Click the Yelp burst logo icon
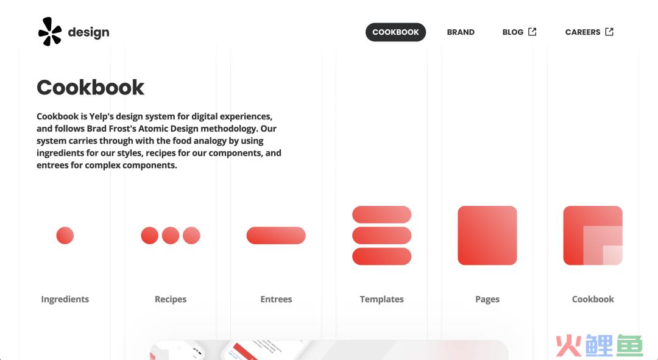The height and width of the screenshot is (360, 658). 50,32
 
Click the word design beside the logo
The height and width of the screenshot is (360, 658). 88,32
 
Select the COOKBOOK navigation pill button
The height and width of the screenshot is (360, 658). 396,32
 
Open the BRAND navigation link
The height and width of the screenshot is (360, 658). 461,32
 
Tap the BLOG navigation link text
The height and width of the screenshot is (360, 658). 513,32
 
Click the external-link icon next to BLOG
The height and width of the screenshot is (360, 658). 532,32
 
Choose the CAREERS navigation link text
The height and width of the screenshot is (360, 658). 583,32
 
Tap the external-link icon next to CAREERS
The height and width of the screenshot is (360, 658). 609,32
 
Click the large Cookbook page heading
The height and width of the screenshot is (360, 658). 90,87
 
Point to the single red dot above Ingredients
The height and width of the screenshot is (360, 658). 65,235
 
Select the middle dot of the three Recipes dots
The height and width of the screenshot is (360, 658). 171,235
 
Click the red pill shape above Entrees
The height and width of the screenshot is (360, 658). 276,235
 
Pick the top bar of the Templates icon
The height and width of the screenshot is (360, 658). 382,214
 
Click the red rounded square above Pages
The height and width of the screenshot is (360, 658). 487,235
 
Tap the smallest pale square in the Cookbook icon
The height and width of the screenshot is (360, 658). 613,255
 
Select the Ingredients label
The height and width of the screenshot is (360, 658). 65,299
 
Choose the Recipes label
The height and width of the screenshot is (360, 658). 171,299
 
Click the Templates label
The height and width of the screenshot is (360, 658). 382,299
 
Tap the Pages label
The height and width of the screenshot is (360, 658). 487,299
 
